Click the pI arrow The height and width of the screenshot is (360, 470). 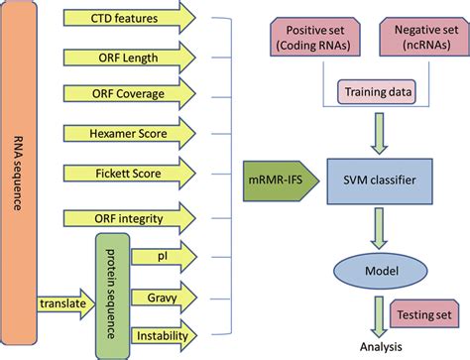tap(161, 255)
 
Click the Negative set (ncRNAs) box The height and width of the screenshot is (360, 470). tap(418, 41)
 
